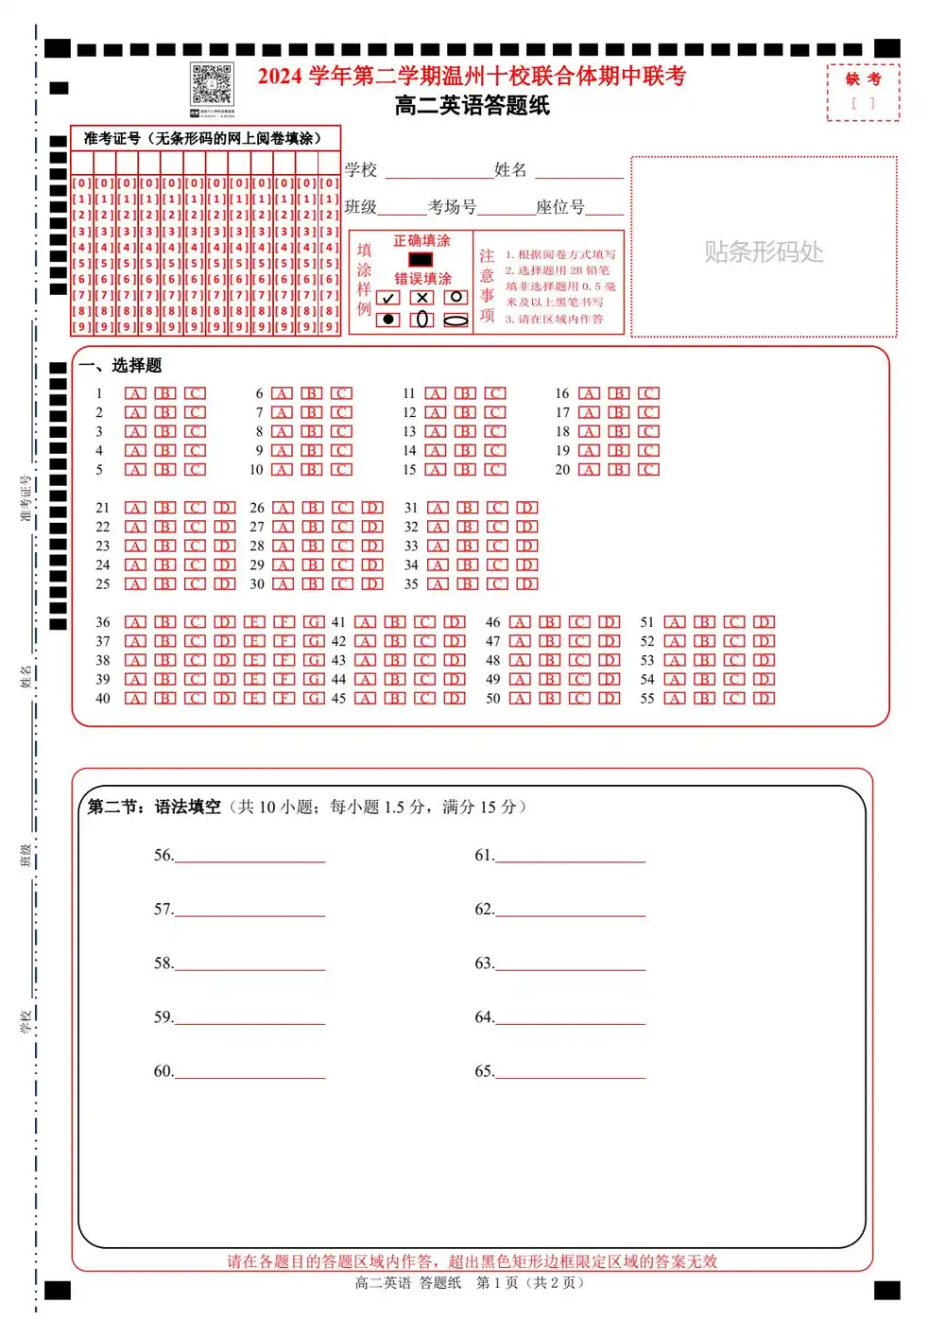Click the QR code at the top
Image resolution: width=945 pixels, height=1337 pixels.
point(212,85)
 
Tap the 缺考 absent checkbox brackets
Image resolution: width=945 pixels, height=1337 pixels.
point(863,104)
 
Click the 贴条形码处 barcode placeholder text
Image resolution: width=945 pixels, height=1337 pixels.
point(764,252)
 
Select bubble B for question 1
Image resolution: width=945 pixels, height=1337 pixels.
point(165,393)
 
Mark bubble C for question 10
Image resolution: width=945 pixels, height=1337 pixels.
point(342,470)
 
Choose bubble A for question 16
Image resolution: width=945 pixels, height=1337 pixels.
point(589,393)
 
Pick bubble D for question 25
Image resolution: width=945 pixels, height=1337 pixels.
point(225,584)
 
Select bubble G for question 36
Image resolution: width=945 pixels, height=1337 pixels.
point(314,622)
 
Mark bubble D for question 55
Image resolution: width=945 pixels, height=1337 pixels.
point(765,699)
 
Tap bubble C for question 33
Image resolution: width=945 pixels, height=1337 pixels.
point(497,547)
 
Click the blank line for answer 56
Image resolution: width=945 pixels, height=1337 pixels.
point(249,857)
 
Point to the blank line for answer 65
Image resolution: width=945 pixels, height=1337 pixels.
point(570,1072)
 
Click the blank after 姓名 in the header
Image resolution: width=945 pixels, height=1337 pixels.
point(579,172)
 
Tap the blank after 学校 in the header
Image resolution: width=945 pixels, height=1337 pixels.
point(438,172)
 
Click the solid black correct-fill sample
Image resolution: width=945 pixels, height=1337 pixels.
point(421,259)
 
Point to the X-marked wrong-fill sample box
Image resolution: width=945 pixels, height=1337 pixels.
point(422,297)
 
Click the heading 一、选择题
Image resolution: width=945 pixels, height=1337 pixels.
point(121,365)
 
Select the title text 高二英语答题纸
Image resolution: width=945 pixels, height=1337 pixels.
point(472,106)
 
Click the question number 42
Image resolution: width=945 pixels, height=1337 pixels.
point(338,642)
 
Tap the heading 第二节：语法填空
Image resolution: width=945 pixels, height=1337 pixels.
point(154,807)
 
